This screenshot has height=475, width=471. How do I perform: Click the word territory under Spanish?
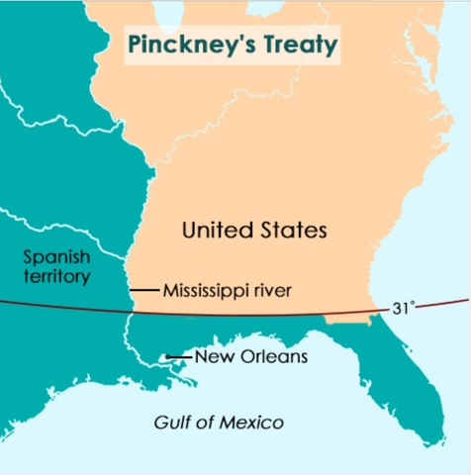(x=55, y=276)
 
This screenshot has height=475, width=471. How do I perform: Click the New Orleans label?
(x=252, y=356)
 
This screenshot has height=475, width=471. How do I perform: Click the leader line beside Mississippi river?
(x=144, y=290)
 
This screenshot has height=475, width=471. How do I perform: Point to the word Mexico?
(x=255, y=423)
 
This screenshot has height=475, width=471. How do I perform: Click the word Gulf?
(x=171, y=423)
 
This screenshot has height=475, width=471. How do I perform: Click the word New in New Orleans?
(x=211, y=356)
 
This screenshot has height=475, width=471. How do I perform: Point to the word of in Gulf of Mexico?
(x=206, y=423)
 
